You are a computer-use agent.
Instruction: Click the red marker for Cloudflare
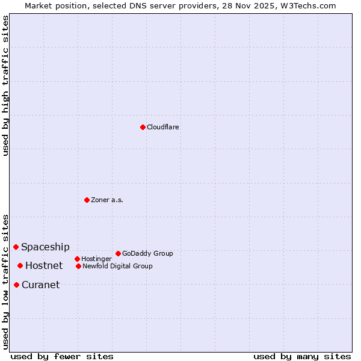tap(143, 127)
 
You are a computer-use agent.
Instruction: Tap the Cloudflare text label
tap(163, 127)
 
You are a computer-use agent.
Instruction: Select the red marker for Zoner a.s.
tap(87, 200)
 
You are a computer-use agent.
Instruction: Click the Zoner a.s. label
tap(107, 200)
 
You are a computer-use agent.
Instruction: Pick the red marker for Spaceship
tap(16, 247)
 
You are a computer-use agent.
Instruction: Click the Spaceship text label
tap(45, 247)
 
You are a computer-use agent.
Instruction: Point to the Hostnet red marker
tap(20, 265)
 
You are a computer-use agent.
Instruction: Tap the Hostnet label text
tap(44, 265)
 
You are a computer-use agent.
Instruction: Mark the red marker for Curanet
tap(16, 285)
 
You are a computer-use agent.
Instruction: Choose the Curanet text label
tap(41, 285)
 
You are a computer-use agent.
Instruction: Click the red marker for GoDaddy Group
tap(118, 253)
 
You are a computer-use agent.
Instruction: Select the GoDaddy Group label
tap(147, 253)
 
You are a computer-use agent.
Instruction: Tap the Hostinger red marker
tap(77, 259)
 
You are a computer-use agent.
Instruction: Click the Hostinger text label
tap(96, 259)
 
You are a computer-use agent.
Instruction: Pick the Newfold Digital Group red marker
tap(78, 266)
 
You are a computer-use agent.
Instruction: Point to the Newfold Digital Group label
tap(117, 266)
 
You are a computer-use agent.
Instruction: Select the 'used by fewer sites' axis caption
tap(62, 356)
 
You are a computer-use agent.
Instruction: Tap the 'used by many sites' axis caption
tap(302, 356)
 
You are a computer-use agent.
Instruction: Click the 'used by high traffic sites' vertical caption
tap(5, 85)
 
